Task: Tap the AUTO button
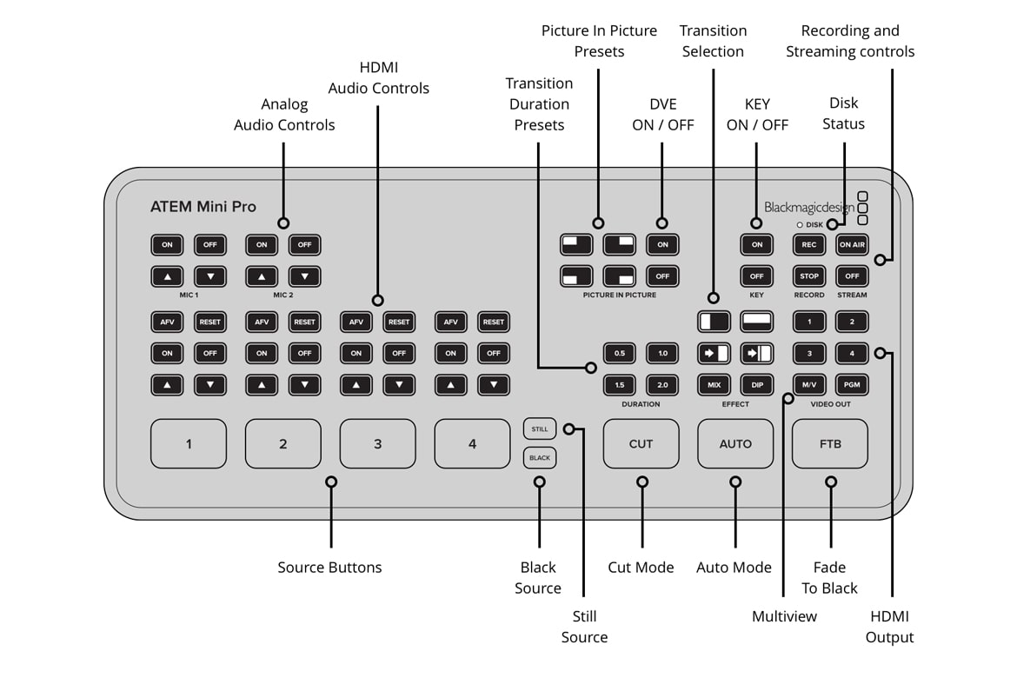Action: (735, 443)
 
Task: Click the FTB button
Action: (830, 443)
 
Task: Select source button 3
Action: (377, 443)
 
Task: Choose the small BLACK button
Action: (540, 457)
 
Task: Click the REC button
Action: (809, 245)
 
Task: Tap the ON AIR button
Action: (853, 245)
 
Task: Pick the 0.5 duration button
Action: (620, 354)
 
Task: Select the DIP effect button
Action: (757, 384)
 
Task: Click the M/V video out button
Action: (809, 384)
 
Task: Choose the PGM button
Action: (853, 384)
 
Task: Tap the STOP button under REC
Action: (809, 276)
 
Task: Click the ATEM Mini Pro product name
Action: (203, 207)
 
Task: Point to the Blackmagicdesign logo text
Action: (808, 208)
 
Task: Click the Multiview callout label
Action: (784, 616)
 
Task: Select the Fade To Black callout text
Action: (829, 578)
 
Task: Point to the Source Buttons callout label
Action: (329, 568)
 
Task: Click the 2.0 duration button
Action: (662, 384)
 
